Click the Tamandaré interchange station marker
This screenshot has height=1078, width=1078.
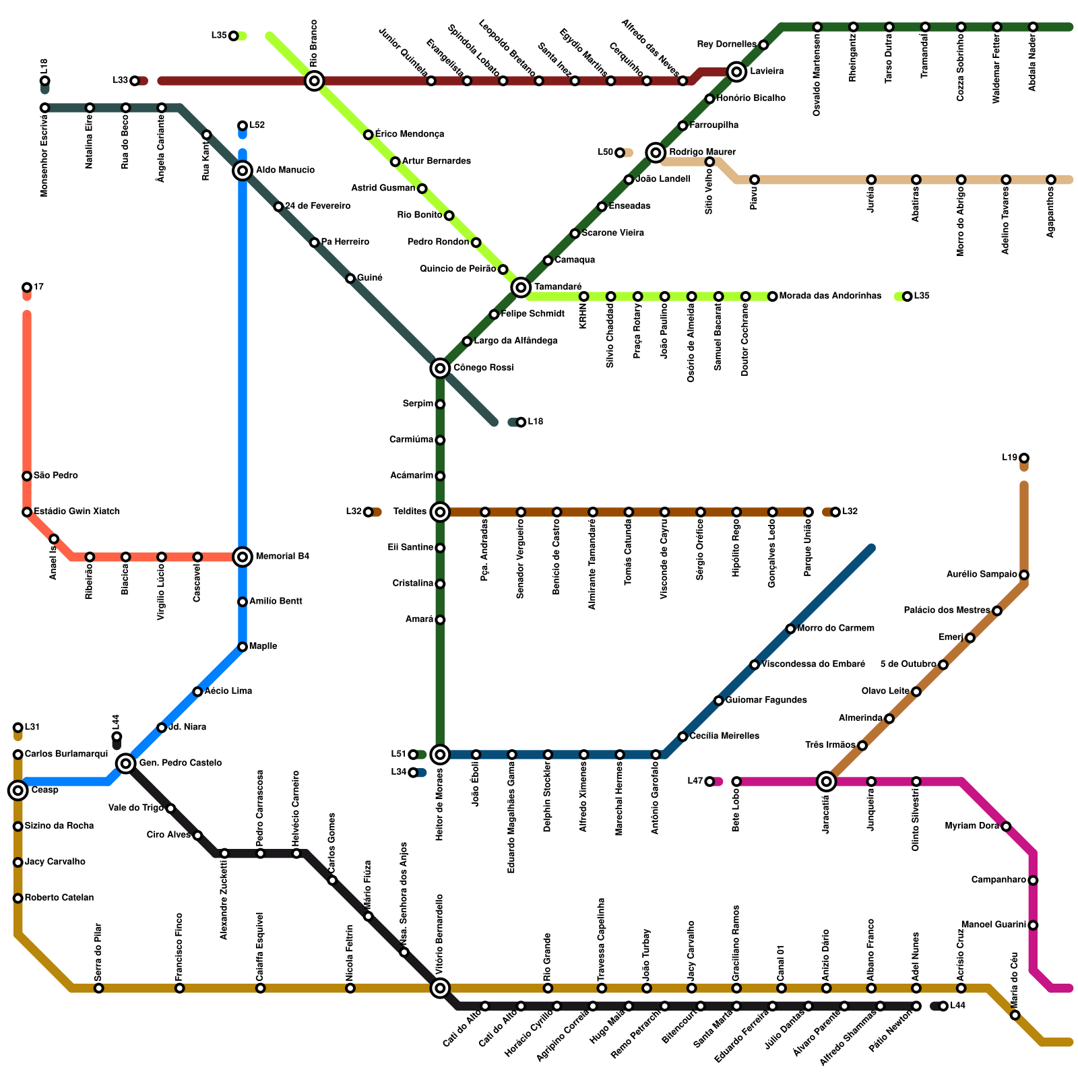pos(520,288)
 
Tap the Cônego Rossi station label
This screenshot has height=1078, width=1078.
pos(483,368)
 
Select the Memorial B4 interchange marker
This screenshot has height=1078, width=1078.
pos(243,557)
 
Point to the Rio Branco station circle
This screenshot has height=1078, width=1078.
pos(314,81)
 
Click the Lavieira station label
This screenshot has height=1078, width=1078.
pos(767,71)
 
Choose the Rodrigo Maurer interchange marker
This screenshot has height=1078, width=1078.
pos(656,152)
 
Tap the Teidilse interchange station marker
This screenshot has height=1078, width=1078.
pos(440,512)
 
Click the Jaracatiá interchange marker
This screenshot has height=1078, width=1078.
pos(826,782)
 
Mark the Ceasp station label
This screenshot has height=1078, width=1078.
pos(44,790)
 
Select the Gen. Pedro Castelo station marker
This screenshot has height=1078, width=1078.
pos(125,763)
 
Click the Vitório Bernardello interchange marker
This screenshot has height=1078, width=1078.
pos(440,988)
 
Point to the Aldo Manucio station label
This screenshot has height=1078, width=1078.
pos(285,170)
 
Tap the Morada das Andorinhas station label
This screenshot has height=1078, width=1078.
pos(830,296)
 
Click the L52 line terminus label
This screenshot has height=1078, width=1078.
pos(257,125)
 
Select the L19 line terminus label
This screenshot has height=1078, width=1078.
pos(1009,458)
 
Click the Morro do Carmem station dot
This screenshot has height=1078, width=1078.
pos(790,629)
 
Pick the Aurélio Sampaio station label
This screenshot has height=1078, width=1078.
pos(982,575)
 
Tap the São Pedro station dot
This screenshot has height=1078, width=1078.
pos(27,476)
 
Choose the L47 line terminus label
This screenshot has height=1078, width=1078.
pos(695,782)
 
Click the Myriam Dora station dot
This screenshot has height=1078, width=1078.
pos(1006,827)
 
